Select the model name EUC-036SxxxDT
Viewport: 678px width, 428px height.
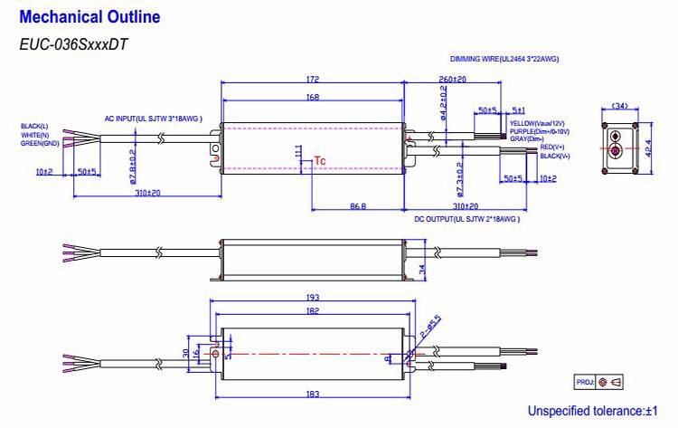[x=70, y=43]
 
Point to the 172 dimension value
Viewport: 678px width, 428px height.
[x=312, y=80]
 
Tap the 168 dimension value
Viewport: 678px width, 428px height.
[x=312, y=97]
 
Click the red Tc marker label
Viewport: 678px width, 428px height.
[x=319, y=161]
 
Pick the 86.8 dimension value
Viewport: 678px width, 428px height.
[x=358, y=207]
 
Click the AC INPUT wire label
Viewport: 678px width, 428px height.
[x=153, y=119]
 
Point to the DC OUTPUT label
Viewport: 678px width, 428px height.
[x=467, y=219]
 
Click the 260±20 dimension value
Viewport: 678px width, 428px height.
[x=454, y=80]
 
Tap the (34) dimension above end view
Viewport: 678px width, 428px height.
[x=619, y=106]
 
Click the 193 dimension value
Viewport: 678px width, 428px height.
[x=312, y=297]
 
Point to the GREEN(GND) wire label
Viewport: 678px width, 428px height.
[x=40, y=143]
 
